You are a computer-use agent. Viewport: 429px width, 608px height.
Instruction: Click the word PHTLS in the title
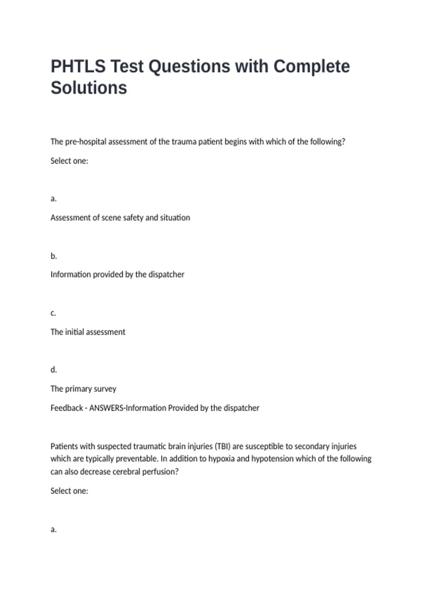[x=78, y=67]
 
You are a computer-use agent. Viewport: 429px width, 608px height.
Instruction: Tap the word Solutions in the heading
[x=89, y=88]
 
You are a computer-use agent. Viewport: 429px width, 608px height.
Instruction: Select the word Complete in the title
[x=311, y=67]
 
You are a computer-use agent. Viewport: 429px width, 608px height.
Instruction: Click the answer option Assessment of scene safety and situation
[x=120, y=217]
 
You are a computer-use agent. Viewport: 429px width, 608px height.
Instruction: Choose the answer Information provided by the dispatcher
[x=117, y=274]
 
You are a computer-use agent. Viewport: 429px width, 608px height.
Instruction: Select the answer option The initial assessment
[x=88, y=332]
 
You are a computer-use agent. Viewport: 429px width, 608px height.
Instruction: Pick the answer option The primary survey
[x=83, y=389]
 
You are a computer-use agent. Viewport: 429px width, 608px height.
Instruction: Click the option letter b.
[x=54, y=256]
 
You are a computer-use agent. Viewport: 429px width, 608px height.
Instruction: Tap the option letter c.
[x=53, y=313]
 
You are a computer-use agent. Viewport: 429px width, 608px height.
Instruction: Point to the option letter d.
[x=54, y=369]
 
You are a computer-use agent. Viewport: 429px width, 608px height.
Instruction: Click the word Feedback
[x=66, y=408]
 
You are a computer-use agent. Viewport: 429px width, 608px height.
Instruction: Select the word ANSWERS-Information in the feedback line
[x=128, y=408]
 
